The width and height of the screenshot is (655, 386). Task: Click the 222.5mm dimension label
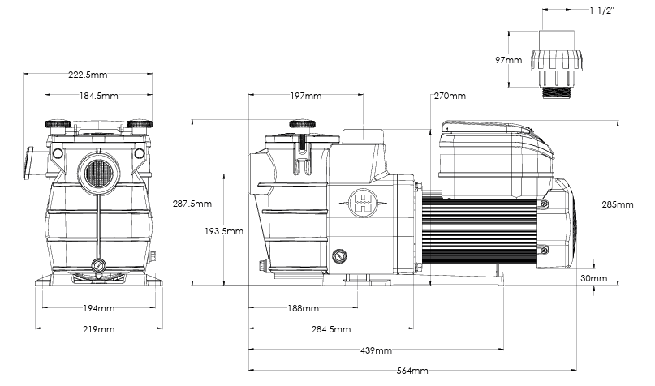[x=88, y=75]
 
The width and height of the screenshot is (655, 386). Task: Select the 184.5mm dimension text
[x=98, y=96]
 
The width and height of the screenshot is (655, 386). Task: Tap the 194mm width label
[x=98, y=308]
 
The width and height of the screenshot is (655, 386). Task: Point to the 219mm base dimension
[x=98, y=329]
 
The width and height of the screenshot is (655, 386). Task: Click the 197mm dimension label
[x=306, y=96]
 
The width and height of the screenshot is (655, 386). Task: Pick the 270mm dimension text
[x=450, y=96]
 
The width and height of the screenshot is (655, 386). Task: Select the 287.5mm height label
[x=192, y=204]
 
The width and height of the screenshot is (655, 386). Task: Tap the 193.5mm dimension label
[x=224, y=231]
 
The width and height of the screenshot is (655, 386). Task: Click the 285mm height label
[x=618, y=204]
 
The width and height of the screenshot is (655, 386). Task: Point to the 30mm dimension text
[x=593, y=278]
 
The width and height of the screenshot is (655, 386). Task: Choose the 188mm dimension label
[x=304, y=308]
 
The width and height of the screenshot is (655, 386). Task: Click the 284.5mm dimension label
[x=331, y=329]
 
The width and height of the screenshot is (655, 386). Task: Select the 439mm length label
[x=376, y=350]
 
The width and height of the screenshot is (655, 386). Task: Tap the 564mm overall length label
[x=412, y=371]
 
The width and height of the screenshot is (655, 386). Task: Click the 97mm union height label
[x=509, y=60]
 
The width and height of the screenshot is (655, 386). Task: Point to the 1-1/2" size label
[x=602, y=11]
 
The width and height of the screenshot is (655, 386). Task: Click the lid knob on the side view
[x=302, y=123]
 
